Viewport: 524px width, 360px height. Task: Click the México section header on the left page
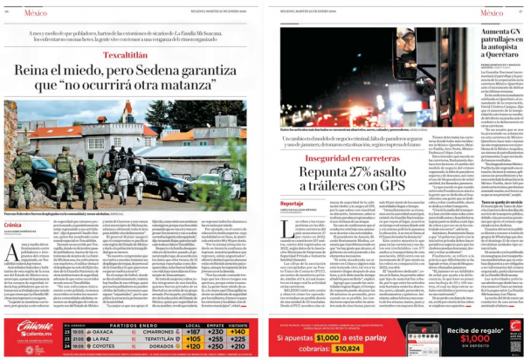click(38, 14)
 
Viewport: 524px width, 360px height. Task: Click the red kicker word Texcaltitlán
click(130, 54)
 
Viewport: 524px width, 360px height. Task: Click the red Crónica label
click(15, 225)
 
